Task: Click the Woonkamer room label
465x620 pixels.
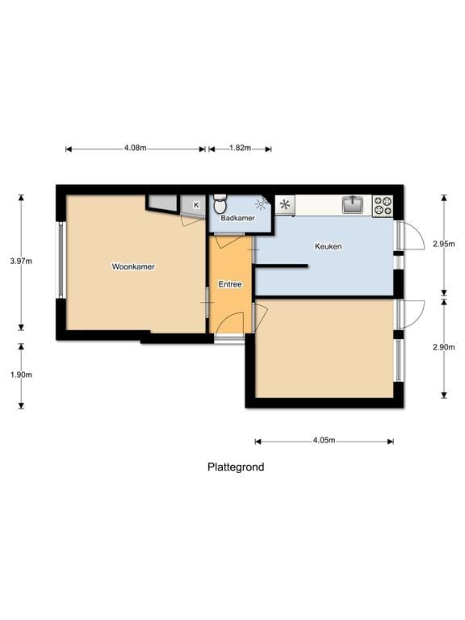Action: pyautogui.click(x=134, y=266)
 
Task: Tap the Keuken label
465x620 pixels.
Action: pyautogui.click(x=329, y=246)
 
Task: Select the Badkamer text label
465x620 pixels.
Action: pyautogui.click(x=237, y=218)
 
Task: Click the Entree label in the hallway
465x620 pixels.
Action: pyautogui.click(x=230, y=284)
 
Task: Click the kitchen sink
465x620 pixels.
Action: pyautogui.click(x=353, y=205)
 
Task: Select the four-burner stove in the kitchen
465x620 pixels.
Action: pyautogui.click(x=383, y=206)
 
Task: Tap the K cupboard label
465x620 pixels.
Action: pyautogui.click(x=195, y=205)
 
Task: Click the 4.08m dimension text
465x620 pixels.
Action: pyautogui.click(x=135, y=149)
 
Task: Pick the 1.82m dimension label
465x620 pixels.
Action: pyautogui.click(x=240, y=149)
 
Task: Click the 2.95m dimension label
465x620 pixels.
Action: pyautogui.click(x=444, y=243)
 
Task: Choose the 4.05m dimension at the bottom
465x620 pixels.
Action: pyautogui.click(x=324, y=441)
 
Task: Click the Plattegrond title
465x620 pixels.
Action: pyautogui.click(x=236, y=467)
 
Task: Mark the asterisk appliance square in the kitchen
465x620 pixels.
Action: pyautogui.click(x=285, y=205)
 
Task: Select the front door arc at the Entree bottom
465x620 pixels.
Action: pyautogui.click(x=230, y=325)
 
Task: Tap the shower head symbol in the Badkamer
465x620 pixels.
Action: pyautogui.click(x=262, y=203)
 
